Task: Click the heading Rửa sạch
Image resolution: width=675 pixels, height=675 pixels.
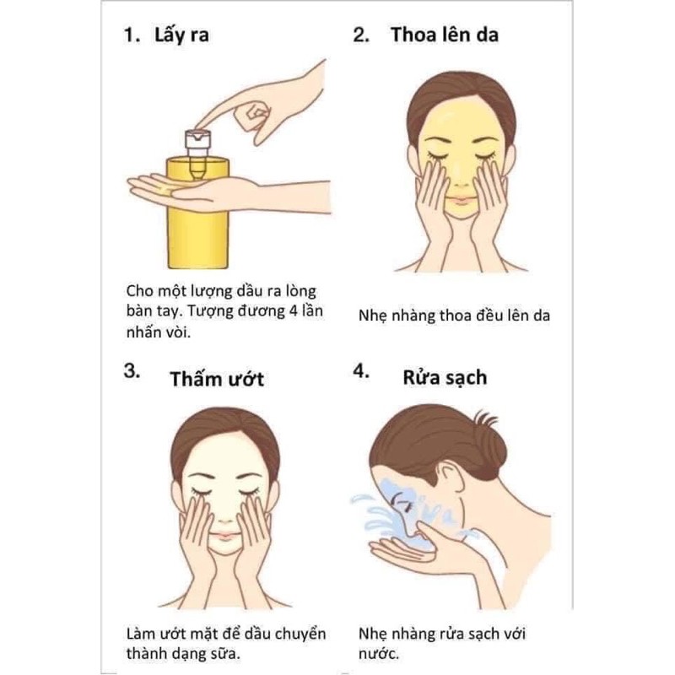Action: [444, 377]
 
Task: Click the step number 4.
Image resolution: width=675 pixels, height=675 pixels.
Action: [361, 372]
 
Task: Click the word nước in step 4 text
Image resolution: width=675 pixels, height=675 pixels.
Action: [376, 653]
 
